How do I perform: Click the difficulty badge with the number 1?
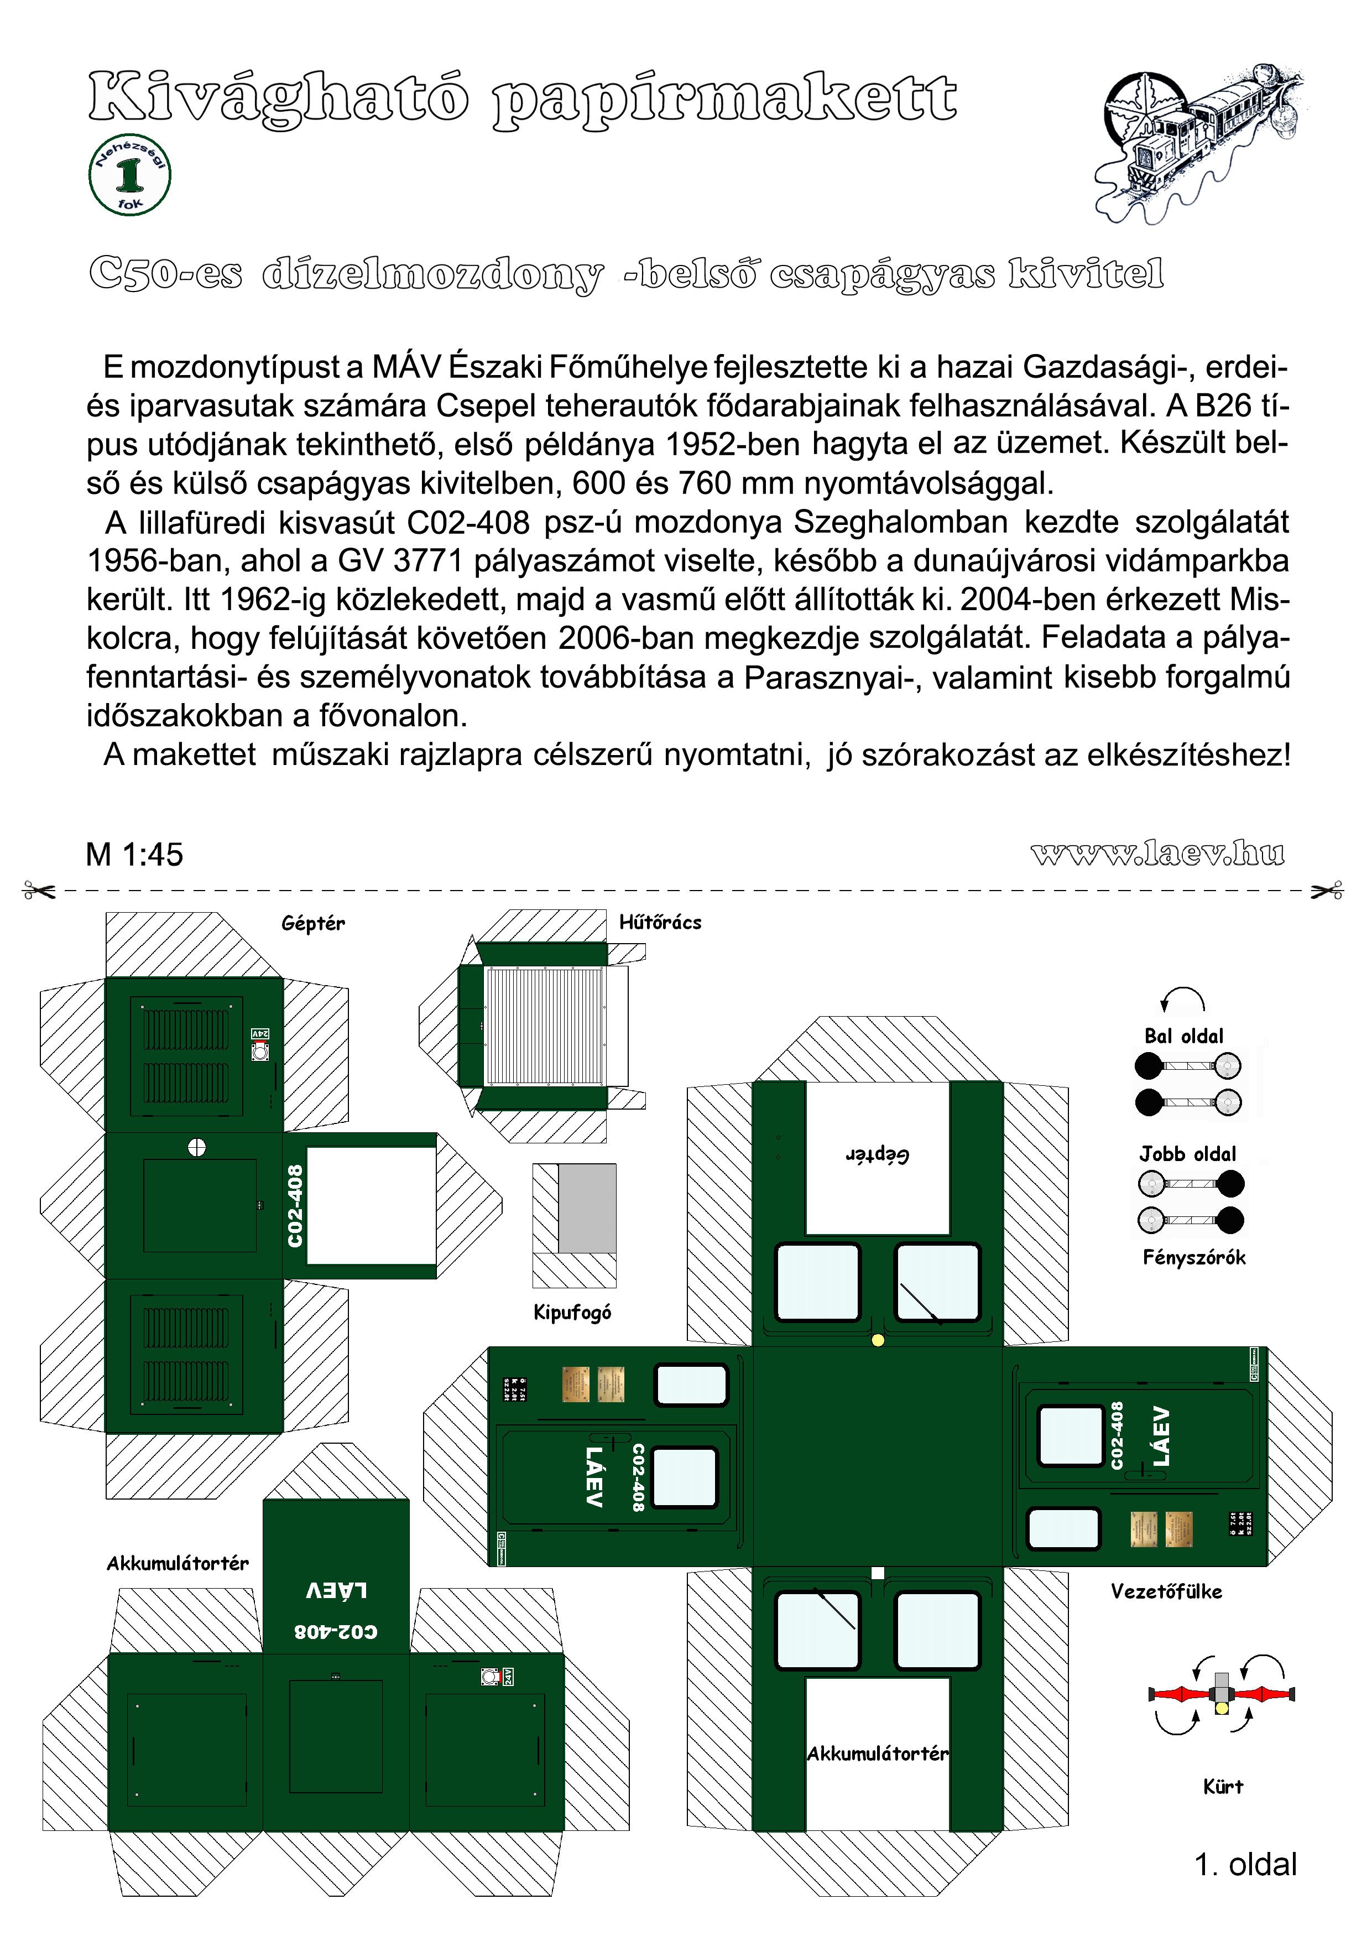[x=129, y=175]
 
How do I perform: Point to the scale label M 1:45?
[x=134, y=855]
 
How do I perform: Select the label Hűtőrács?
[x=660, y=922]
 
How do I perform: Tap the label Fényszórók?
[x=1193, y=1258]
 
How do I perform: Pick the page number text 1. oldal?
[x=1245, y=1865]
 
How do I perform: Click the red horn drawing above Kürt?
[x=1222, y=1693]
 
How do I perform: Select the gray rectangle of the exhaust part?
[x=587, y=1208]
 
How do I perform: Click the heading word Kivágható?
[x=278, y=98]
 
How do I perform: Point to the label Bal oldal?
[x=1183, y=1037]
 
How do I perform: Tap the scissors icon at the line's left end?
[x=40, y=890]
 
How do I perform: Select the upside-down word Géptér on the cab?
[x=878, y=1155]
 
